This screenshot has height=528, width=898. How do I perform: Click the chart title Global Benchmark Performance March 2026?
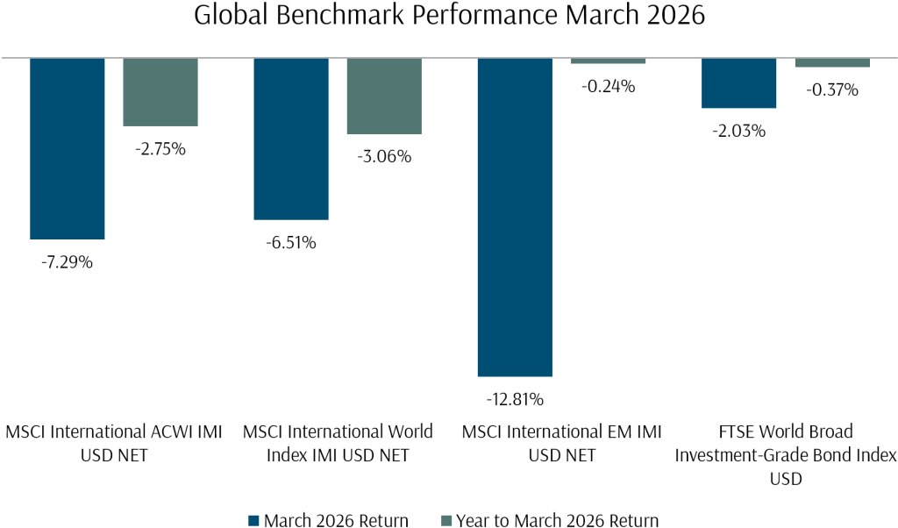click(x=449, y=18)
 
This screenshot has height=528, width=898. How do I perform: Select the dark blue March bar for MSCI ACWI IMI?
click(x=68, y=148)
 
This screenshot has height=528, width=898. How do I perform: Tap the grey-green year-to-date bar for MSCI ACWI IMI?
click(x=160, y=92)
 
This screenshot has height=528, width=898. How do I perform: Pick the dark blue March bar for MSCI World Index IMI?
click(x=291, y=139)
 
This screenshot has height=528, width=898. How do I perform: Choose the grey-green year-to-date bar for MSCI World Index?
click(x=384, y=96)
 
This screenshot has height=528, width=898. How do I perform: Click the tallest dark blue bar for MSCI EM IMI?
click(x=515, y=217)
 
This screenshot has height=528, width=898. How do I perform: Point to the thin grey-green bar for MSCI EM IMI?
click(x=608, y=61)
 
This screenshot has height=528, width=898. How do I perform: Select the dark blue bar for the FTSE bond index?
click(x=738, y=83)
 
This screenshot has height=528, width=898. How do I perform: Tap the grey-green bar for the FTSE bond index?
click(x=831, y=62)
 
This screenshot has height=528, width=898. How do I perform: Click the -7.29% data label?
click(x=68, y=262)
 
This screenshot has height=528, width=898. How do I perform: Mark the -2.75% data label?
click(x=160, y=149)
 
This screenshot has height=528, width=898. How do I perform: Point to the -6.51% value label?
click(x=291, y=243)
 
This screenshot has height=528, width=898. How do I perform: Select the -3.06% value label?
click(x=384, y=158)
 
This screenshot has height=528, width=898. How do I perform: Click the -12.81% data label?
click(x=515, y=400)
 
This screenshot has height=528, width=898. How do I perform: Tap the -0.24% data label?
click(x=608, y=87)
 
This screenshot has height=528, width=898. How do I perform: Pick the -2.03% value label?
click(x=738, y=132)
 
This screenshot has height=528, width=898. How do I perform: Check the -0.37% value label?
click(x=831, y=90)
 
